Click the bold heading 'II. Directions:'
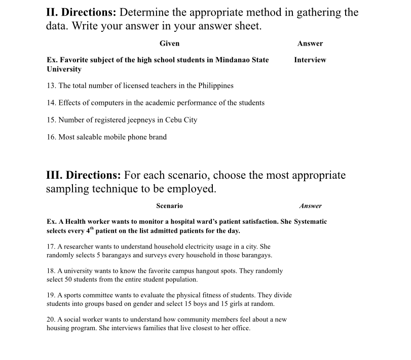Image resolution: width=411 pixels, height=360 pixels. pyautogui.click(x=82, y=13)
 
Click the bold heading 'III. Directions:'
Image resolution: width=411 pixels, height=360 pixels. pyautogui.click(x=84, y=176)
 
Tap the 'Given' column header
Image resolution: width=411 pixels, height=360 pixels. pyautogui.click(x=169, y=44)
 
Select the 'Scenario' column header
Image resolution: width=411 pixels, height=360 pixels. pyautogui.click(x=169, y=206)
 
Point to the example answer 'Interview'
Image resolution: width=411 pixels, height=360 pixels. pyautogui.click(x=310, y=60)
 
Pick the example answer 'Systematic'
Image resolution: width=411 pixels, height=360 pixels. pyautogui.click(x=310, y=222)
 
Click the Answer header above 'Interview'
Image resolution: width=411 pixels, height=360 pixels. pyautogui.click(x=310, y=44)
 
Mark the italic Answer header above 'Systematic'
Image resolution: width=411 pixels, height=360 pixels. pyautogui.click(x=310, y=206)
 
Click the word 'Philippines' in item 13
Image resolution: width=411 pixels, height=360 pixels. pyautogui.click(x=215, y=86)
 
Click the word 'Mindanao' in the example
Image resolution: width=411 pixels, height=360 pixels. pyautogui.click(x=233, y=60)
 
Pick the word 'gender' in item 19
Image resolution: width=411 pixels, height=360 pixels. pyautogui.click(x=171, y=295)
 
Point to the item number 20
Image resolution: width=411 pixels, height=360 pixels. pyautogui.click(x=51, y=319)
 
